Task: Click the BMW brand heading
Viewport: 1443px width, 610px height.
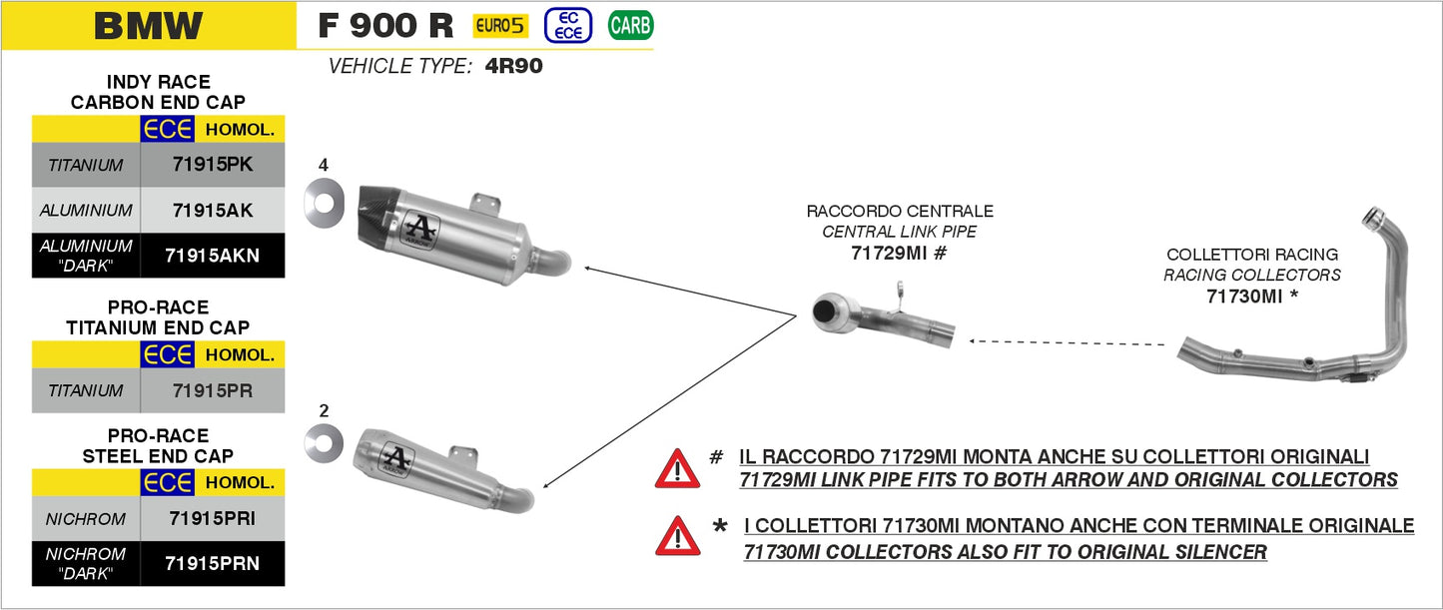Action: [x=148, y=26]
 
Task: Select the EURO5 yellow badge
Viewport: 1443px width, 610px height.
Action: [x=500, y=26]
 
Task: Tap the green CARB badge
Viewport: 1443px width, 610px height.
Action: [x=630, y=26]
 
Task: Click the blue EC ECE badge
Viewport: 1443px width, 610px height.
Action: [x=568, y=26]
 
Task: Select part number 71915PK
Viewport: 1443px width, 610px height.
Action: [x=213, y=165]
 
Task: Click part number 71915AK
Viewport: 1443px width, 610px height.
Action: [x=213, y=211]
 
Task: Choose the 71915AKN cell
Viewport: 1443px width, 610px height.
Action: [x=213, y=255]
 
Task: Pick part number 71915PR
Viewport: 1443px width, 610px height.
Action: [x=213, y=390]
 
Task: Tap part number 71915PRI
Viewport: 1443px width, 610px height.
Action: [x=213, y=518]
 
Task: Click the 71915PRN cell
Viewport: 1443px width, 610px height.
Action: [x=213, y=563]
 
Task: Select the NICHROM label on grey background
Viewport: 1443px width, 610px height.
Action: [x=86, y=519]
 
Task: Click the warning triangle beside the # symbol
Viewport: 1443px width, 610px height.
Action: [x=677, y=467]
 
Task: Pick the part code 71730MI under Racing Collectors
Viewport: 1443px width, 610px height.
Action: [x=1244, y=297]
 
